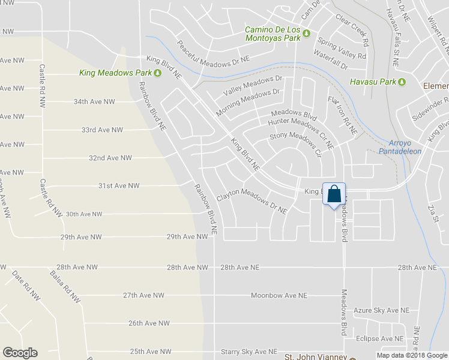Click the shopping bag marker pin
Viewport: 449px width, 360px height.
pyautogui.click(x=334, y=194)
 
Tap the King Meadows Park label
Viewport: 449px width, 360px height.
pyautogui.click(x=116, y=73)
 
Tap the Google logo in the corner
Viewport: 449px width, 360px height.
pyautogui.click(x=20, y=353)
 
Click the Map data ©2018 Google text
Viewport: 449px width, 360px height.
pyautogui.click(x=411, y=355)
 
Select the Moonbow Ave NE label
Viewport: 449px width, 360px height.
pyautogui.click(x=279, y=296)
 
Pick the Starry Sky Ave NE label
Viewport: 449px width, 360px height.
pyautogui.click(x=249, y=352)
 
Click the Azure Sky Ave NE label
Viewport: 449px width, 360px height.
pyautogui.click(x=381, y=310)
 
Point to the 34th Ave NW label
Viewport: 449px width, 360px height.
pyautogui.click(x=94, y=102)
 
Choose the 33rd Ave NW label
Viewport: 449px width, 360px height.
pyautogui.click(x=102, y=130)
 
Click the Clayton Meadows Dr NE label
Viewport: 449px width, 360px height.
pyautogui.click(x=252, y=202)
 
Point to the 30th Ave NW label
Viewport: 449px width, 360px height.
pyautogui.click(x=84, y=214)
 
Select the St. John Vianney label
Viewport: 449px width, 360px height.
pyautogui.click(x=315, y=356)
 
